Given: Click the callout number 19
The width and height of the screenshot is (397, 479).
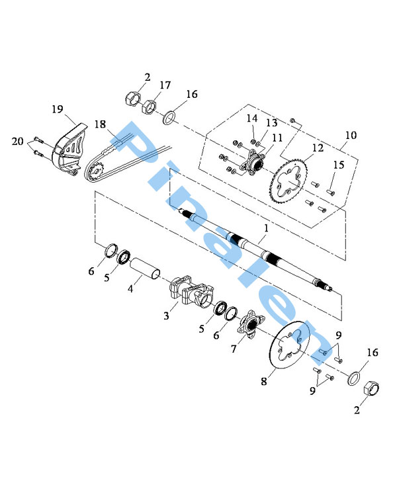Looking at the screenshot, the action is pos(58,109).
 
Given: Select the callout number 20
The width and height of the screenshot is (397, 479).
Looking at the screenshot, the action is pos(17,141).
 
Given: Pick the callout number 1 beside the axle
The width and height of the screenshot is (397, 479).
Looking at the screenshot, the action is pos(266,228).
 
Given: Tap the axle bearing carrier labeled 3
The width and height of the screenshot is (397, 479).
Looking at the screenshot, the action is pos(191,291).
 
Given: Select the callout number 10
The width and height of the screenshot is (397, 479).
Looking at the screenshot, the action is pos(351,135).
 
